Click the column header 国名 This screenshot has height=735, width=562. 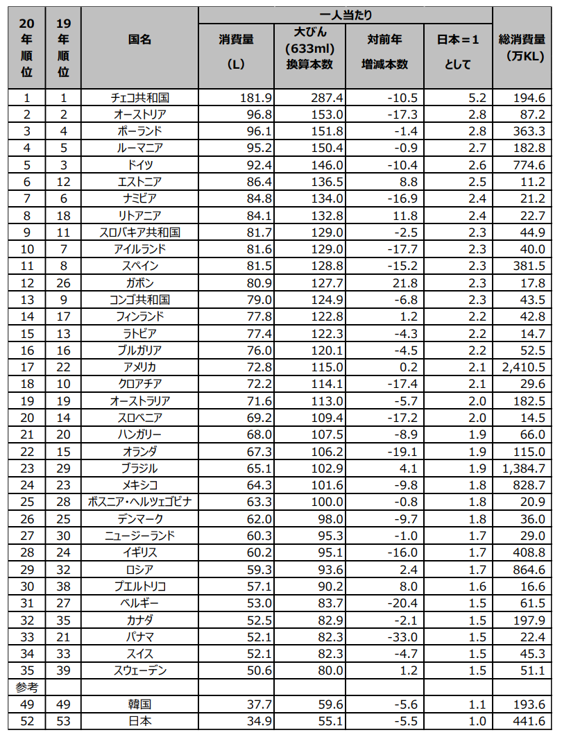point(139,40)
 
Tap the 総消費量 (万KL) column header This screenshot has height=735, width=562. point(527,47)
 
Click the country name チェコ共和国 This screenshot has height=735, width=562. point(139,97)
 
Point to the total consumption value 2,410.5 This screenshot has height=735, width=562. point(526,367)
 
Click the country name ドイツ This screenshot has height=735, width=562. point(139,164)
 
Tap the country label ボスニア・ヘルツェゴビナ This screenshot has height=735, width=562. point(139,502)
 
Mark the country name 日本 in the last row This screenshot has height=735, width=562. point(139,721)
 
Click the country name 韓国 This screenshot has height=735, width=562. point(139,704)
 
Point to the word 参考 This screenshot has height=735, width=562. point(27,687)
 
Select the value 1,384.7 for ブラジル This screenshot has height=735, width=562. point(526,468)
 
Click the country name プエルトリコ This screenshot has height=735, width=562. point(139,586)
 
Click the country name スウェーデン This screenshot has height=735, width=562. point(139,670)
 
